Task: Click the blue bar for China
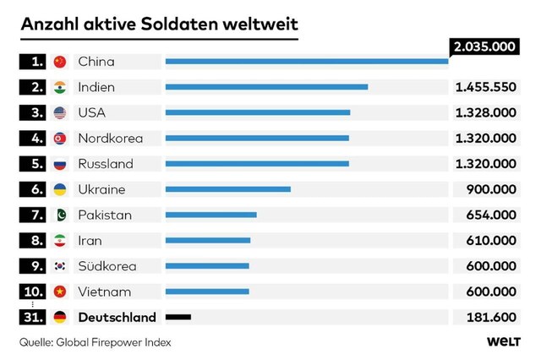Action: point(307,61)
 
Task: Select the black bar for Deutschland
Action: point(178,317)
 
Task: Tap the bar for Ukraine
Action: point(228,189)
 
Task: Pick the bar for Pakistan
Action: point(211,215)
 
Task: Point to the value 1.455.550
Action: point(485,87)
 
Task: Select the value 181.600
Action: point(491,317)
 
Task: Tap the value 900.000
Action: point(491,189)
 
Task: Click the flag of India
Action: point(59,87)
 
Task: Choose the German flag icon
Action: point(59,317)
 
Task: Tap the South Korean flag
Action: point(59,266)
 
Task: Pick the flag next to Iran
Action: point(59,241)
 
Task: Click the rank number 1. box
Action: point(34,61)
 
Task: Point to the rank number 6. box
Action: point(34,189)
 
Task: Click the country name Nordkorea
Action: point(110,138)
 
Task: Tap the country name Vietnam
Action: point(104,292)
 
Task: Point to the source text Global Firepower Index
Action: point(122,342)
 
